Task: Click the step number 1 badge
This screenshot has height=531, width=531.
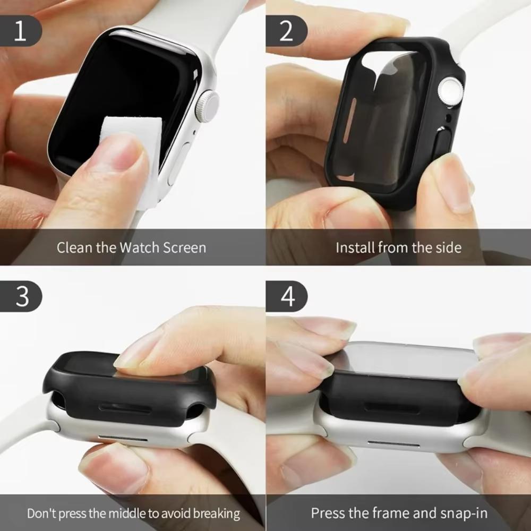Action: pyautogui.click(x=20, y=31)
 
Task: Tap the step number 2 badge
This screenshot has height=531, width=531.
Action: pyautogui.click(x=286, y=31)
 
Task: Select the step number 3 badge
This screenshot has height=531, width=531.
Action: pyautogui.click(x=21, y=296)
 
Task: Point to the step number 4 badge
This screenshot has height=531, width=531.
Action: pyautogui.click(x=287, y=296)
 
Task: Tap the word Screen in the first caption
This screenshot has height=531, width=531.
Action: pyautogui.click(x=184, y=247)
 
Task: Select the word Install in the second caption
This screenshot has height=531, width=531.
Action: pyautogui.click(x=355, y=247)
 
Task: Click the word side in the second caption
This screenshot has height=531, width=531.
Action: pyautogui.click(x=448, y=247)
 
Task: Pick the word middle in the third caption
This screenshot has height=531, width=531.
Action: pyautogui.click(x=128, y=513)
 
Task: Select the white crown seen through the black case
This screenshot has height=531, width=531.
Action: pyautogui.click(x=450, y=91)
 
